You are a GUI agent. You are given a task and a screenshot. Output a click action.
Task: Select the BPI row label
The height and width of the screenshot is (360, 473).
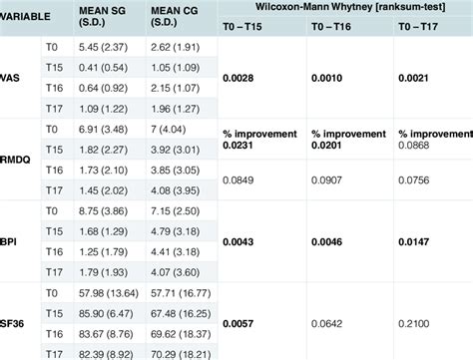click(13, 241)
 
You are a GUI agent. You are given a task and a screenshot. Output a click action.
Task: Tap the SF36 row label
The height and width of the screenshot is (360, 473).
click(15, 323)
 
